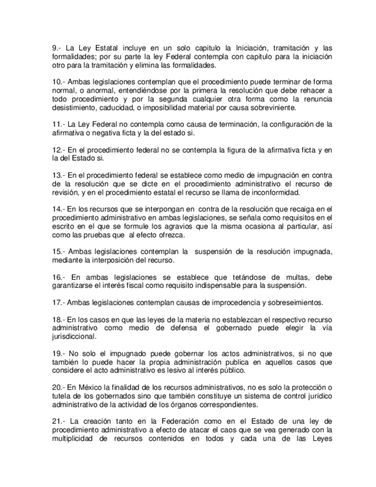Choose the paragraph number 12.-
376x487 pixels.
click(x=58, y=150)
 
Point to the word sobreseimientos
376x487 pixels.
click(x=292, y=302)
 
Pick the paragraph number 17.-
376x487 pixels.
click(x=58, y=302)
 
